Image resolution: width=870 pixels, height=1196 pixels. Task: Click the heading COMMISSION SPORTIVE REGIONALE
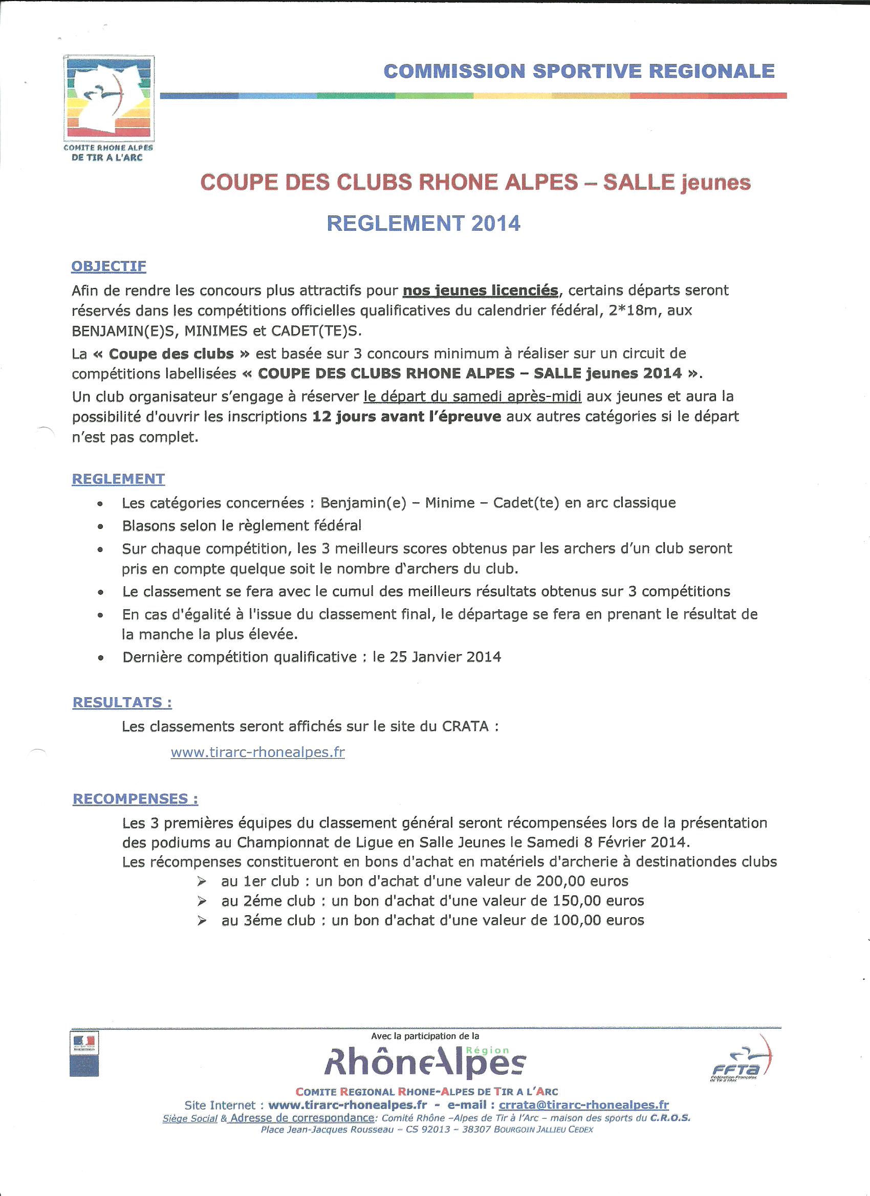[x=579, y=71]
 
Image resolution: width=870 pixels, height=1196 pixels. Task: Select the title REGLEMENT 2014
[x=423, y=223]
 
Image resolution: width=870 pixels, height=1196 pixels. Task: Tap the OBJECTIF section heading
[x=108, y=267]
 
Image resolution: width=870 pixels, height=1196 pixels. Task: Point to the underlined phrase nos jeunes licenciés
[x=480, y=290]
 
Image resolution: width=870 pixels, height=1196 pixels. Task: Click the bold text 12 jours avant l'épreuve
[x=406, y=416]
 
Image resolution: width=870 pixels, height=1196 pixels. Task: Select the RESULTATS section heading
[x=122, y=702]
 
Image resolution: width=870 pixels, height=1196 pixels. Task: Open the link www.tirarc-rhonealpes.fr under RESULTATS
[x=257, y=752]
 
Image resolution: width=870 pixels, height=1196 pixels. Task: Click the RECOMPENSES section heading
[x=135, y=799]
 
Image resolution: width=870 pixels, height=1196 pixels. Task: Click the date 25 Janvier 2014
[x=446, y=657]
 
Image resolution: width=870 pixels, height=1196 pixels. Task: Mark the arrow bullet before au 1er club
[x=202, y=881]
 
